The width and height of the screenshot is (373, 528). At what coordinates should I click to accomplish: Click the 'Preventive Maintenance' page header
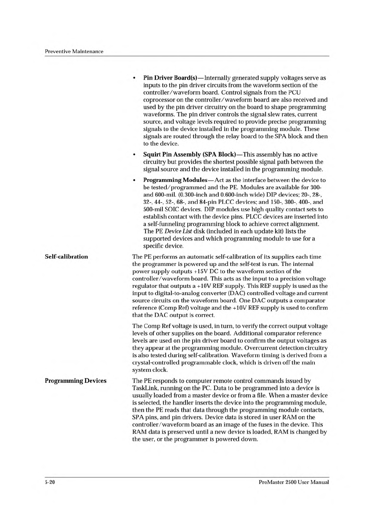click(74, 51)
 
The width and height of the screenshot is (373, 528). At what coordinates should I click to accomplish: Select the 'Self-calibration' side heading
click(66, 257)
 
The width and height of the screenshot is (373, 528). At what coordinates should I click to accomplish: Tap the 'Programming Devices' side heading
click(75, 381)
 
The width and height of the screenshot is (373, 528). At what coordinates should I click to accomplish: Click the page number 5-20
click(50, 482)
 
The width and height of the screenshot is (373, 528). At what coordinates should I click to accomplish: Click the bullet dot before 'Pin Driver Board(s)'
click(134, 78)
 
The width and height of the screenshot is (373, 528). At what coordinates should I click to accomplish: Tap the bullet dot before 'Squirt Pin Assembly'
click(134, 155)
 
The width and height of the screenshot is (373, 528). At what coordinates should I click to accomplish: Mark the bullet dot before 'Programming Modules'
click(134, 181)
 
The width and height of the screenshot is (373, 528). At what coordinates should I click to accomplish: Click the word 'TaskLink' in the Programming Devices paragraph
click(144, 388)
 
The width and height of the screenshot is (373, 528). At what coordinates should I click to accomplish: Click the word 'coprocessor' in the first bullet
click(159, 100)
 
